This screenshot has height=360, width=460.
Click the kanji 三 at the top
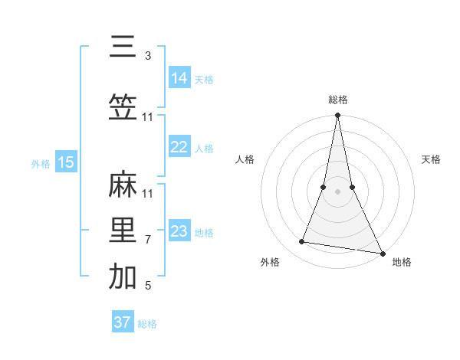point(123,47)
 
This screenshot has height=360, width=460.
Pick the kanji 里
point(123,231)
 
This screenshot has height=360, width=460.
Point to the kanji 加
point(123,277)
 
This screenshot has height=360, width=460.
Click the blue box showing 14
point(179,78)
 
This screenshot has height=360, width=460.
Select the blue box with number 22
point(179,147)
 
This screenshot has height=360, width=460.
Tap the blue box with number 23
point(179,231)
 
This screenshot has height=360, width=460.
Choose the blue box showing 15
point(65,162)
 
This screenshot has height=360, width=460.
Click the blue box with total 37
point(122,322)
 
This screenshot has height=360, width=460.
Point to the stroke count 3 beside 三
point(148,56)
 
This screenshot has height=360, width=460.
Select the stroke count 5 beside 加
point(148,286)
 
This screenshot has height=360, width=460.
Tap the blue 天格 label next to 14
point(204,79)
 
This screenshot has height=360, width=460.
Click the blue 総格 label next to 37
point(147,324)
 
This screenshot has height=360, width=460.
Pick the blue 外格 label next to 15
point(41,163)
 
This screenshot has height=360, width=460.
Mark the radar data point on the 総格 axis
point(337,116)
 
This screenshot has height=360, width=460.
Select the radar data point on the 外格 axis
point(302,242)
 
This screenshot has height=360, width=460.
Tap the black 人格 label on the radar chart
point(245,159)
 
